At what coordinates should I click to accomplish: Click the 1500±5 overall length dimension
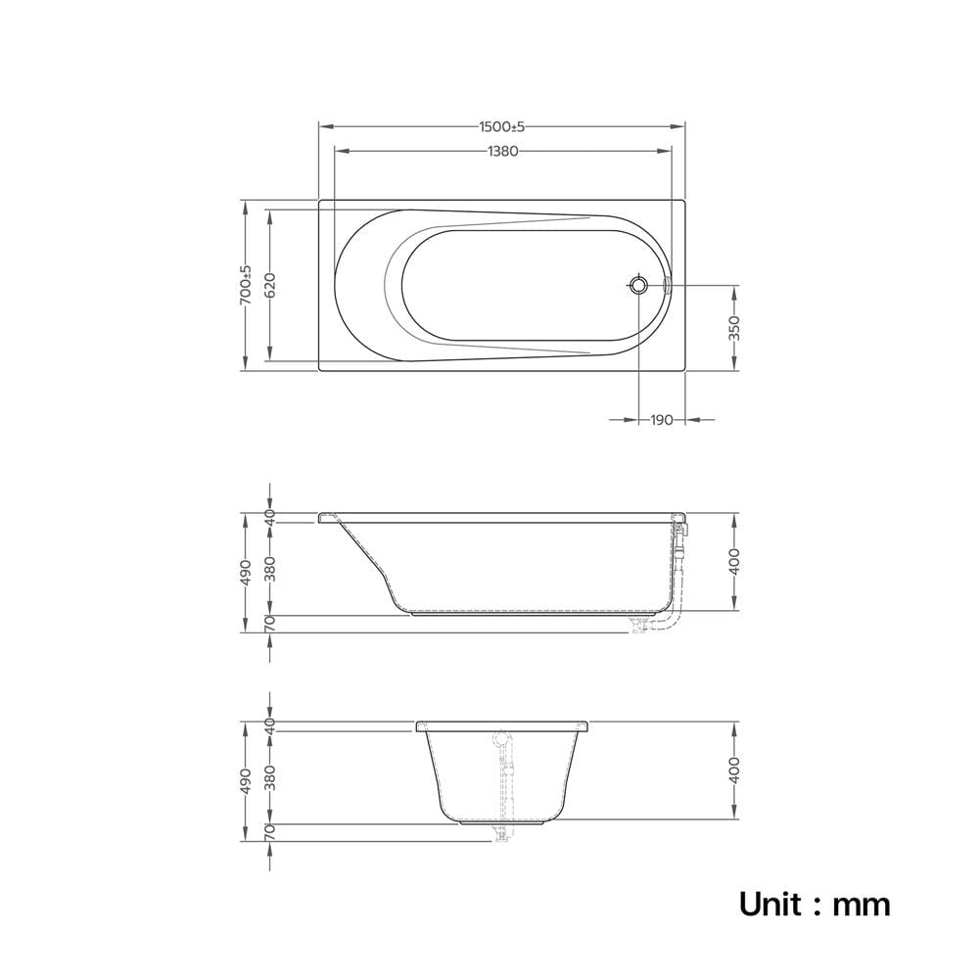(x=502, y=126)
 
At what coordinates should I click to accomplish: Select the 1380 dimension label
(x=502, y=151)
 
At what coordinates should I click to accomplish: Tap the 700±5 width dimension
(x=246, y=285)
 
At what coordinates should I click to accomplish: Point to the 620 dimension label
(x=270, y=285)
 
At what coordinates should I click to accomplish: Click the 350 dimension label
(x=734, y=328)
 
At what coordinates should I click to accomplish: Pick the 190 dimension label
(x=662, y=420)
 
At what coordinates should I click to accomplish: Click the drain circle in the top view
(x=638, y=285)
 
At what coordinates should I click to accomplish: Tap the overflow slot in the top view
(x=666, y=285)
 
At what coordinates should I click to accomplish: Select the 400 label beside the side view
(x=734, y=561)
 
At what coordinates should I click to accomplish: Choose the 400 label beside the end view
(x=734, y=769)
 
